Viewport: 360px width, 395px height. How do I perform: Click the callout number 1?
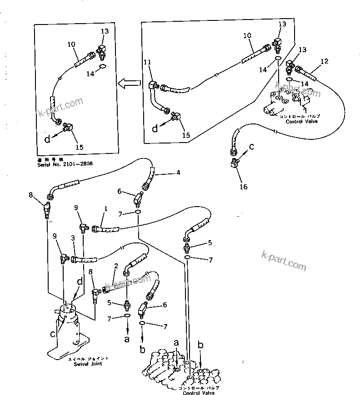105,209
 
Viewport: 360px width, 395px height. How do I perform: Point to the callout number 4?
179,172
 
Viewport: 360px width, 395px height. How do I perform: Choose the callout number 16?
244,187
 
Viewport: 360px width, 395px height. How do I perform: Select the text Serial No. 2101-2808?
65,163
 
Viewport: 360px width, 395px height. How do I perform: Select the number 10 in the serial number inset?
71,44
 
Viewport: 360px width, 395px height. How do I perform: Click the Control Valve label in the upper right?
302,121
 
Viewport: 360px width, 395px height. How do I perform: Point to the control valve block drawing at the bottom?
182,368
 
